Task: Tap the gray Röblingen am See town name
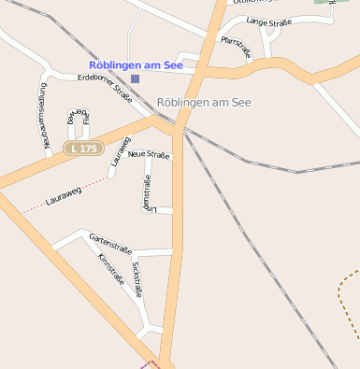point(204,102)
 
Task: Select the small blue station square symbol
point(135,78)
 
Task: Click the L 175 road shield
point(82,149)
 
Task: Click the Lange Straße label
point(268,21)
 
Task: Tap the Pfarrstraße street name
point(237,47)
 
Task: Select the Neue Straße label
point(149,153)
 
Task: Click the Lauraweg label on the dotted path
point(64,195)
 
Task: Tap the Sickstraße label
point(137,279)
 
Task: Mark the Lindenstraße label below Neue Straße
point(147,191)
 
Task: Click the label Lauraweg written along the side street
point(118,151)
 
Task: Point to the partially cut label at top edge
point(251,3)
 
